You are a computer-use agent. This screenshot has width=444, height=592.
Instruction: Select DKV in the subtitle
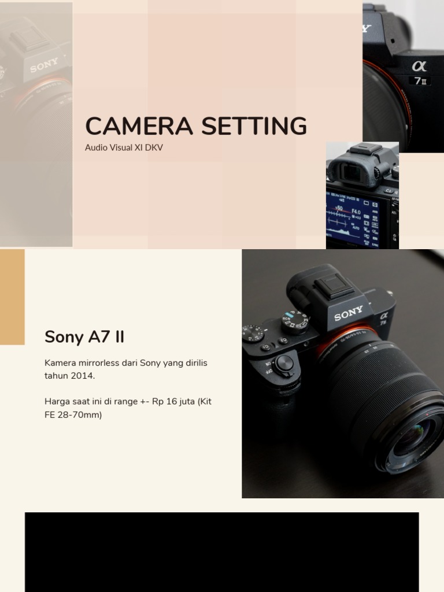point(154,147)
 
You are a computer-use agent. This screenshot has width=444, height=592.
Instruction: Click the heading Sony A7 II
point(84,336)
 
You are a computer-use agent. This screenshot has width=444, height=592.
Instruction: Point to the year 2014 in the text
point(83,376)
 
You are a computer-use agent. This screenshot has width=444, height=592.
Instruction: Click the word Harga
point(57,401)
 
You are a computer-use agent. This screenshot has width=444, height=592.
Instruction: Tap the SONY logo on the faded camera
point(44,65)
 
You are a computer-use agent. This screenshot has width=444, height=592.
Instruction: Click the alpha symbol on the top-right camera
point(419,66)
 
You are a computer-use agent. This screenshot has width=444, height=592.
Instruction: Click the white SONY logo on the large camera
point(349,313)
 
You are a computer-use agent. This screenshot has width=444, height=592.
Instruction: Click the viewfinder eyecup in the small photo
point(353,170)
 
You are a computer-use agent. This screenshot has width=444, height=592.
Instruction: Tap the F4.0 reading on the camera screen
point(356,212)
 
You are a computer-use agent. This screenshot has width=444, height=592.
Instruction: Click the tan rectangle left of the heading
point(12,297)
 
